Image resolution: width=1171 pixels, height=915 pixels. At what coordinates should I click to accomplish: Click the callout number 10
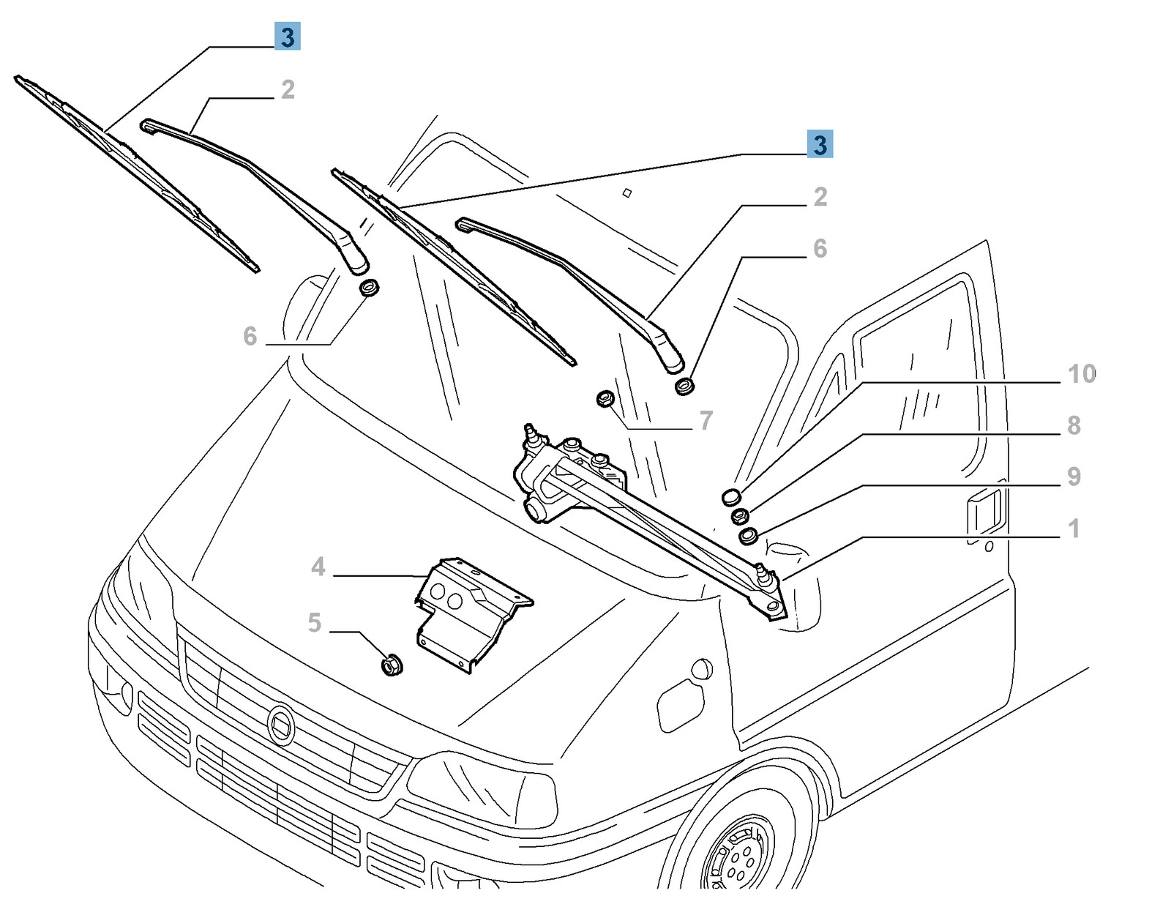[1081, 374]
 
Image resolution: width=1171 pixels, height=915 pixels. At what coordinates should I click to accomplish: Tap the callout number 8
[1074, 425]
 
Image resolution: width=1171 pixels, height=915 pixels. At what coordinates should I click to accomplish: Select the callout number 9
[1074, 477]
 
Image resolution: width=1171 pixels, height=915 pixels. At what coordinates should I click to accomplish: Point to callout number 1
[1074, 528]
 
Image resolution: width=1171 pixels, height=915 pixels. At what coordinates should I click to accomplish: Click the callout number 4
[318, 567]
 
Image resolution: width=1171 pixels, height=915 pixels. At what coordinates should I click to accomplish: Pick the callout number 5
[314, 623]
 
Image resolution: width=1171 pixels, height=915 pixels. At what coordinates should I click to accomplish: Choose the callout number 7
[706, 420]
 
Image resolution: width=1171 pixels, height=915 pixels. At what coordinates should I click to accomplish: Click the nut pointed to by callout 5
[392, 665]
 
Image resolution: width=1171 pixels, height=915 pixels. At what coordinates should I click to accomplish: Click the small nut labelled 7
[605, 399]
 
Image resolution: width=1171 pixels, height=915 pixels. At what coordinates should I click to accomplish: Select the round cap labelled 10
[731, 498]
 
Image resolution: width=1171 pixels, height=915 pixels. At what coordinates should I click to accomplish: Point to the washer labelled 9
[748, 537]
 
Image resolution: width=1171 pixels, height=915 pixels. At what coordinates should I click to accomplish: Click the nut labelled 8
[740, 516]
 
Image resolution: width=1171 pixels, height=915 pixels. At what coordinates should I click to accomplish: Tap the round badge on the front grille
[280, 724]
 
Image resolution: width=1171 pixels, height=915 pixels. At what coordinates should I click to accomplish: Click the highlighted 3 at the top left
[288, 37]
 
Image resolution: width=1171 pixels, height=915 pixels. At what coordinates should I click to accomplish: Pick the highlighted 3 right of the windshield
[820, 144]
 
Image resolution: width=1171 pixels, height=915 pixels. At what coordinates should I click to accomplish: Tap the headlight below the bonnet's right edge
[483, 791]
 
